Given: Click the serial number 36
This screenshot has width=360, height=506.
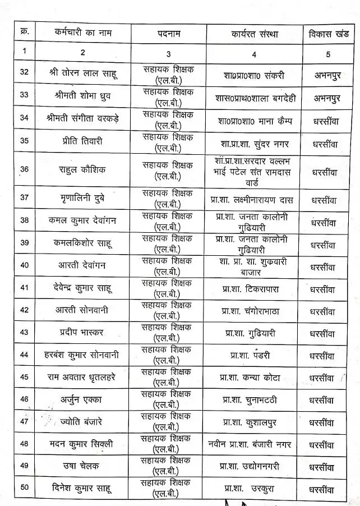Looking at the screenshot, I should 24,169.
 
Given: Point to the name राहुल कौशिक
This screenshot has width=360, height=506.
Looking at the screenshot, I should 82,169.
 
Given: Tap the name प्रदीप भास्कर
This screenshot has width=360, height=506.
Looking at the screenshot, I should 82,332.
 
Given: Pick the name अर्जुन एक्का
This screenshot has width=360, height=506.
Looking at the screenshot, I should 82,399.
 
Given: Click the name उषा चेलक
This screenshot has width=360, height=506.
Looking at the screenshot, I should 82,465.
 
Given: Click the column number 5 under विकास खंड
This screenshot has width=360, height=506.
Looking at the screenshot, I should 328,54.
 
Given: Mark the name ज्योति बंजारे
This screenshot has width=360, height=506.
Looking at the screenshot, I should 82,421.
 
